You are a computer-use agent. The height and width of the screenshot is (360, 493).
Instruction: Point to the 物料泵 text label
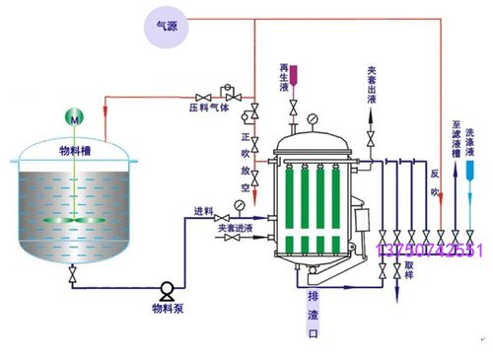(x=168, y=309)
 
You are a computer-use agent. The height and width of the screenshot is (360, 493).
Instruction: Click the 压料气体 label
(x=208, y=103)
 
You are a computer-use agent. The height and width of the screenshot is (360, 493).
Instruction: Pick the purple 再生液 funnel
(x=292, y=71)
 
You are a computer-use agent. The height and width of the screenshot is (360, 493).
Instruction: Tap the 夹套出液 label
(x=372, y=83)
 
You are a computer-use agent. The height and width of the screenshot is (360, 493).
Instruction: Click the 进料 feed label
(x=204, y=212)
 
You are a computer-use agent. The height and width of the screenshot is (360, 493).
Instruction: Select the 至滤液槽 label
(x=456, y=148)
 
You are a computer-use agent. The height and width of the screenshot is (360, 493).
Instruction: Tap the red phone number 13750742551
(x=430, y=252)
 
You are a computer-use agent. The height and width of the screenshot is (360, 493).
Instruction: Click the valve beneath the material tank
(x=72, y=278)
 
